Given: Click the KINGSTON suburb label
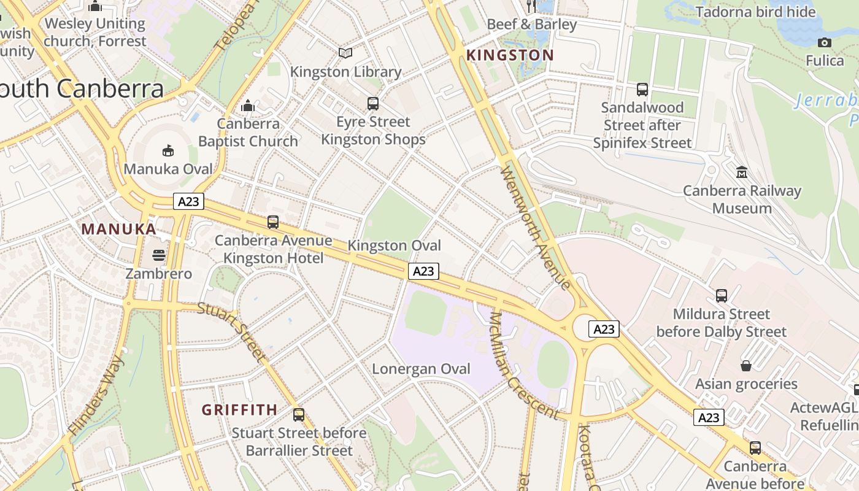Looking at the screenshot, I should click(510, 55).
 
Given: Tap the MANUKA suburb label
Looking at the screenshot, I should click(119, 230).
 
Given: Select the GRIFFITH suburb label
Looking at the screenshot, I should click(239, 409).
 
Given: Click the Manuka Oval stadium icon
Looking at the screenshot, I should click(168, 150).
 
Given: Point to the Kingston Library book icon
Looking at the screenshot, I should click(345, 53).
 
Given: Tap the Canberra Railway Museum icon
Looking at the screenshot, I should click(742, 172).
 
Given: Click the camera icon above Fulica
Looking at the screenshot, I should click(825, 42).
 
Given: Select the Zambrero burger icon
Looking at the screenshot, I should click(159, 255).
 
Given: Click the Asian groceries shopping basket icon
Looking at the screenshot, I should click(746, 366).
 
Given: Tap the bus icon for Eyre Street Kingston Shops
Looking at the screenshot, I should click(373, 103).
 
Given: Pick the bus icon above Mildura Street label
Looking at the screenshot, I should click(722, 296).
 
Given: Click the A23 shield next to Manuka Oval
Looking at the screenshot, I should click(188, 201).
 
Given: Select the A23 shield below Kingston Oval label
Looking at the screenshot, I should click(424, 271).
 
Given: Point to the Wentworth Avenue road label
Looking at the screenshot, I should click(535, 227).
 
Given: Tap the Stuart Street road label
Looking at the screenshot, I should click(233, 331).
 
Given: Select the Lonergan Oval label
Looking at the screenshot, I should click(422, 369).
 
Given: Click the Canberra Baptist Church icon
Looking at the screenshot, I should click(248, 106).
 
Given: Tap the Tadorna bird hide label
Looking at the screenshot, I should click(756, 12).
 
